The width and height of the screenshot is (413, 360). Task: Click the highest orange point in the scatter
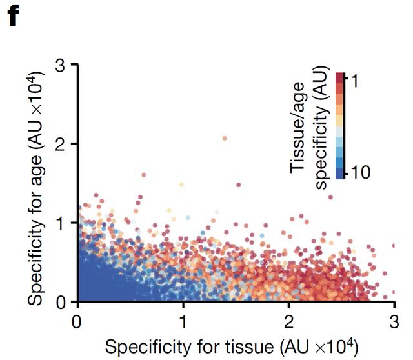pos(225,138)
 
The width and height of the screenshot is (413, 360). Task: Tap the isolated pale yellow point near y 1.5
pos(181,184)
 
